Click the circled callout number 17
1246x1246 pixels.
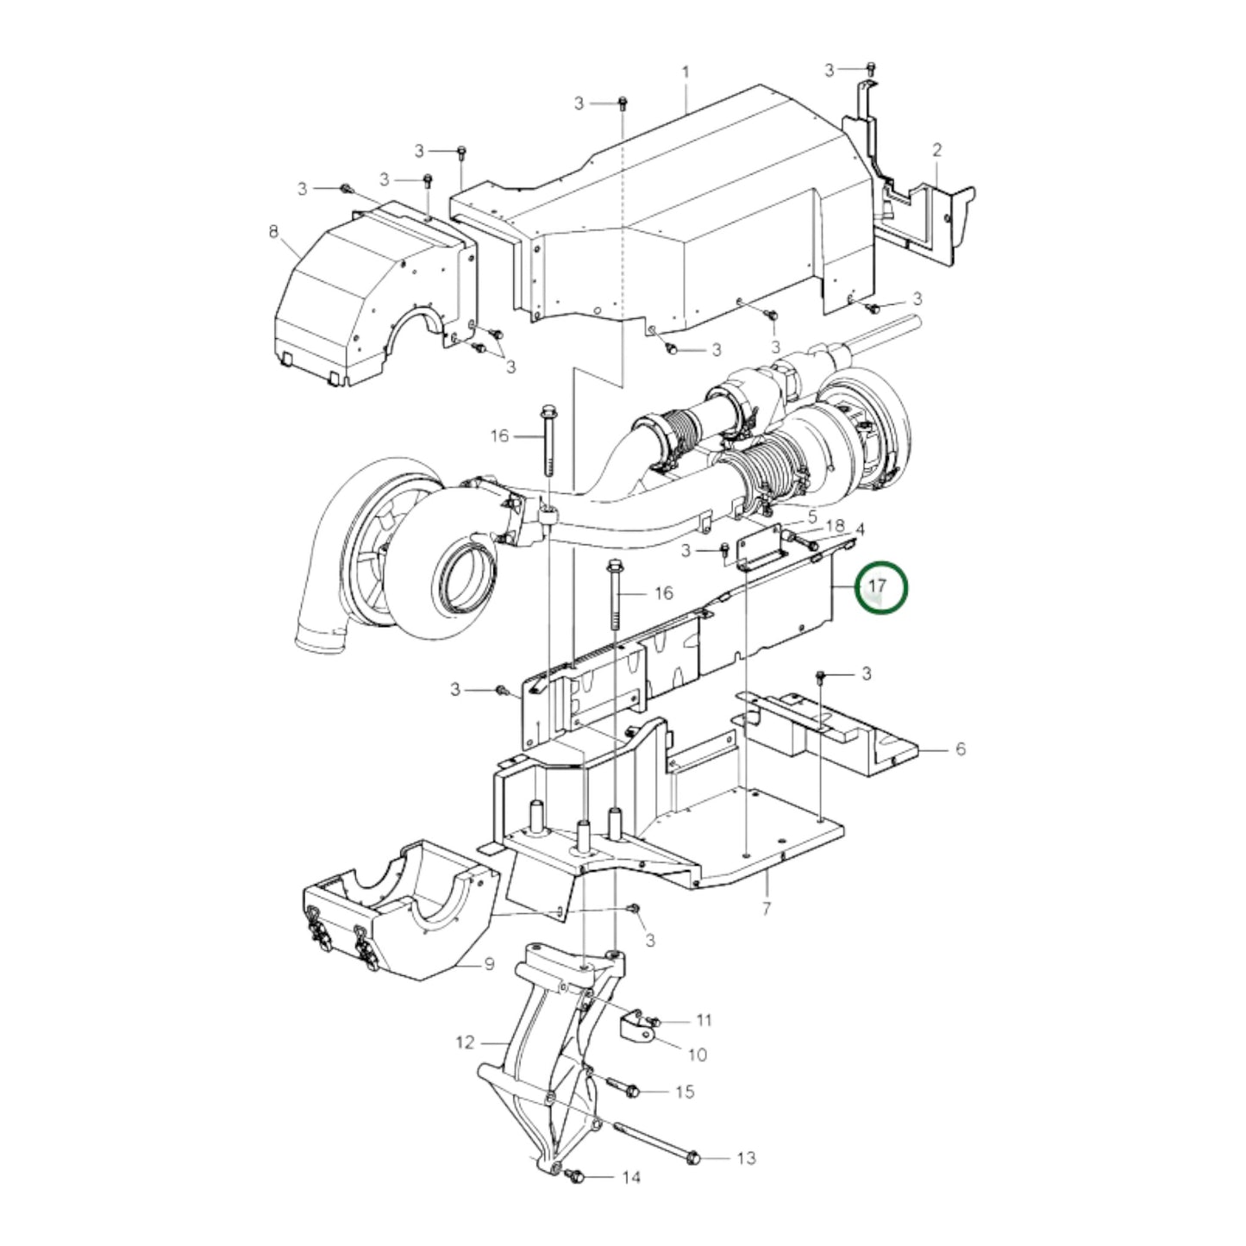coord(878,587)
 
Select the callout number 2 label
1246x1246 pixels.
coord(937,150)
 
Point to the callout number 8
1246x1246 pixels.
coord(274,231)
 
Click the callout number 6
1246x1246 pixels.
coord(961,749)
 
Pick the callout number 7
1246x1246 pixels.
coord(766,907)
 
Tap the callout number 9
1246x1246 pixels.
coord(489,963)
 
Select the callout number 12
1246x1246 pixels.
coord(465,1043)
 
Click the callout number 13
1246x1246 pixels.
coord(747,1157)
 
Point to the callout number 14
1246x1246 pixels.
coord(631,1178)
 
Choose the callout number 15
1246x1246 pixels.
coord(685,1092)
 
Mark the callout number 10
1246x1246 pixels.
coord(697,1054)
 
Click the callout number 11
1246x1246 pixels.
coord(704,1020)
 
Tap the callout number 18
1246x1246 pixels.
coord(835,526)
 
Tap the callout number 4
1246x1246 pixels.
coord(859,528)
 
